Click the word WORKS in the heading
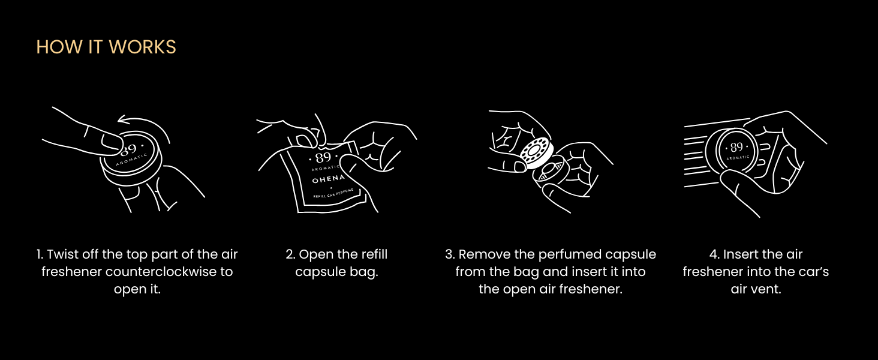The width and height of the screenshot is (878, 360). click(142, 47)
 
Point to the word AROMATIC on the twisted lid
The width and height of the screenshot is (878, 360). click(132, 160)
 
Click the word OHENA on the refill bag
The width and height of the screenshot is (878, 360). click(329, 179)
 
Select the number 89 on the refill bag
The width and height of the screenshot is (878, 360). click(323, 158)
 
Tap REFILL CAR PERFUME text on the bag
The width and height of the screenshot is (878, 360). click(333, 193)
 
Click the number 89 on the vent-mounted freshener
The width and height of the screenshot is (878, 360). click(736, 147)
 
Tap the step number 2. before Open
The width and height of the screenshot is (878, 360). click(290, 254)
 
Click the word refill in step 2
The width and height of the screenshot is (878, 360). click(374, 254)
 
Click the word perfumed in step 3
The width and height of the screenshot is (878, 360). click(558, 255)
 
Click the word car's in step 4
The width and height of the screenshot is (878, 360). click(813, 271)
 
